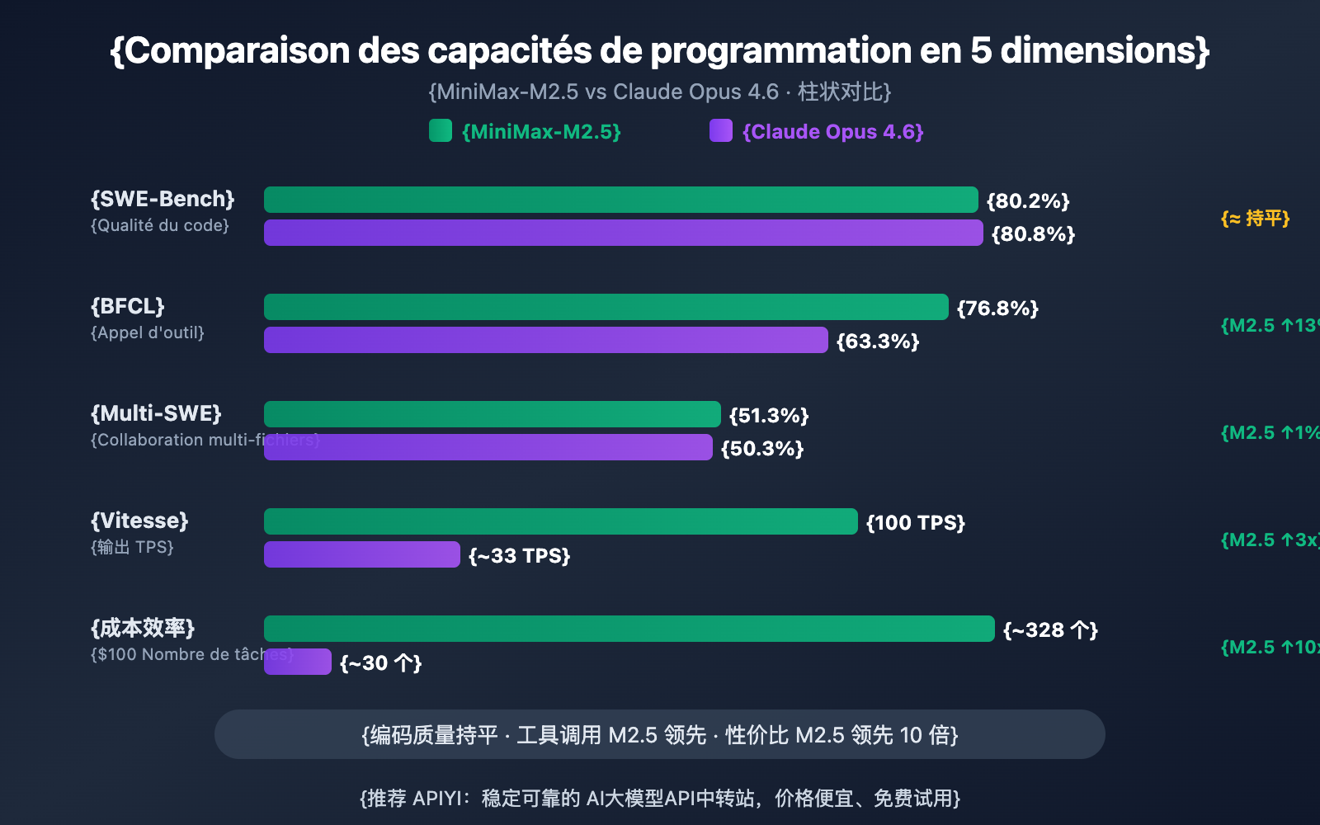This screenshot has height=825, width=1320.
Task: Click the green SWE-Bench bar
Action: [x=620, y=200]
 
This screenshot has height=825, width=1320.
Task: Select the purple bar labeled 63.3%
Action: [x=545, y=340]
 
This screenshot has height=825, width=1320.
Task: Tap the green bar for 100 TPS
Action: [x=560, y=521]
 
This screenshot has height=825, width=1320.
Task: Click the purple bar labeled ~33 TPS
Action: [x=361, y=554]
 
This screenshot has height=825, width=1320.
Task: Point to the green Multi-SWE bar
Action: [x=492, y=414]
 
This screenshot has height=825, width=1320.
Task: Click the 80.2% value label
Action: [x=1028, y=201]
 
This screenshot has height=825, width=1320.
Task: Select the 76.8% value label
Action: [x=997, y=309]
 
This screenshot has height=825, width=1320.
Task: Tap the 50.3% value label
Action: [x=762, y=449]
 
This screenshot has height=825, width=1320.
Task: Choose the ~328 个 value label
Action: [x=1050, y=630]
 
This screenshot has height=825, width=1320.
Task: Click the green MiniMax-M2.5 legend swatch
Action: [x=441, y=130]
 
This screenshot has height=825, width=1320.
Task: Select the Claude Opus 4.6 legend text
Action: [x=832, y=132]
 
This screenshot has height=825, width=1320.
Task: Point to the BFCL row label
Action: [x=128, y=306]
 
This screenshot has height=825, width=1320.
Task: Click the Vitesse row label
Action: [x=139, y=521]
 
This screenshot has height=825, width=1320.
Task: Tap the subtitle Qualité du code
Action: [x=160, y=225]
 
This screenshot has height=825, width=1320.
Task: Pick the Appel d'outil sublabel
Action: [x=148, y=332]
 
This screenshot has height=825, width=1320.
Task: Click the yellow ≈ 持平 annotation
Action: [x=1255, y=219]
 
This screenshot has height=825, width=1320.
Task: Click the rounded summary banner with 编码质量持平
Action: [x=660, y=734]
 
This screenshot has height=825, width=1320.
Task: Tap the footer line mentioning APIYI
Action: [x=660, y=799]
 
